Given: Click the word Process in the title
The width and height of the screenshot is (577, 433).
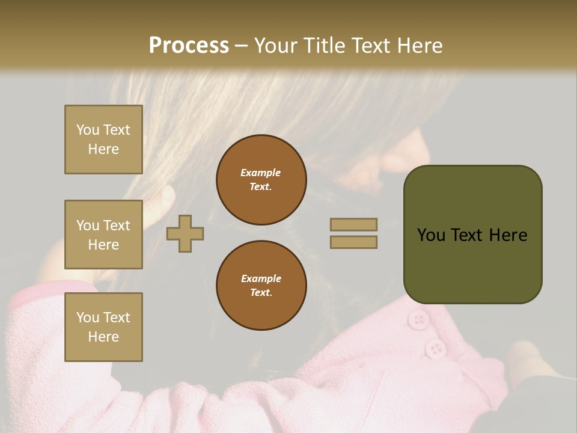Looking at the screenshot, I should point(189,46).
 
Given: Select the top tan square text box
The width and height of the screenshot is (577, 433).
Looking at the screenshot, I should point(103,140).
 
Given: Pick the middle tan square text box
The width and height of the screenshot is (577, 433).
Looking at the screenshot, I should point(103,235).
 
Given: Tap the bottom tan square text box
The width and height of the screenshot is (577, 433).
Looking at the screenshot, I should point(103,327).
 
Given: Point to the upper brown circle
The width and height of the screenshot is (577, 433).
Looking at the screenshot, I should point(261,180).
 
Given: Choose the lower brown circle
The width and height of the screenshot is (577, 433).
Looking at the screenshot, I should point(261,285).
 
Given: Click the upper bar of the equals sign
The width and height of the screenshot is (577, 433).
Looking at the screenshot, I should point(353,224).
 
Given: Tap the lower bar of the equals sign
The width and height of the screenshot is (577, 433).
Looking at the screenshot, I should point(353,242).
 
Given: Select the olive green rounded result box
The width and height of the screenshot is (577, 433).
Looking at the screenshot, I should point(472,235).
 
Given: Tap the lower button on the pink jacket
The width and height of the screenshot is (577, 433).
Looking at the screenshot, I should point(435,348).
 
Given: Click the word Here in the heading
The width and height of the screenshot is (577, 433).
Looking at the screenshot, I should point(419,46).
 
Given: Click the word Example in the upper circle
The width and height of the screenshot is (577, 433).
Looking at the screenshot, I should point(261,173).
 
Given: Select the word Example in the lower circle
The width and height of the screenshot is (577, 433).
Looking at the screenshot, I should point(261,278).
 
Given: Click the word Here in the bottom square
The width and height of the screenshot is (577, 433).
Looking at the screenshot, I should point(103,337).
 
